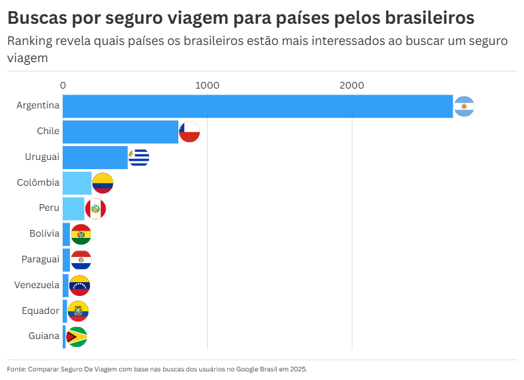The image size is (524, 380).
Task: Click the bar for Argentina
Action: coord(257,106)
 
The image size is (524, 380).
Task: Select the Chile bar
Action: coord(120,132)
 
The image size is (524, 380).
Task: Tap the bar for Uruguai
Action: coord(95,157)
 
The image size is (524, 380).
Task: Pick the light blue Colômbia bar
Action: coord(77,183)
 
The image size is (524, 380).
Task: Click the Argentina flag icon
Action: coord(464,106)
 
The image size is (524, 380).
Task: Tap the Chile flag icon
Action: coord(189,132)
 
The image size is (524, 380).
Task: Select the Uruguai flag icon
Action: coord(139,157)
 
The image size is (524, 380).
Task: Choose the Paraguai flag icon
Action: coord(81,260)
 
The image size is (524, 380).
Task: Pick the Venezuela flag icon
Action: coord(79,285)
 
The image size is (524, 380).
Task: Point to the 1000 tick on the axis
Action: coord(207,85)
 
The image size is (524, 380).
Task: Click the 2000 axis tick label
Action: coord(352,85)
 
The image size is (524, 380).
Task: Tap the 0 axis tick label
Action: coord(63,85)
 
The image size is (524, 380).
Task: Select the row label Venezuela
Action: coord(37,285)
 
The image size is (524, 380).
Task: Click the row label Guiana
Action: coord(44,336)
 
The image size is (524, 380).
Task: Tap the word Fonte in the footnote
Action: coord(16,369)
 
